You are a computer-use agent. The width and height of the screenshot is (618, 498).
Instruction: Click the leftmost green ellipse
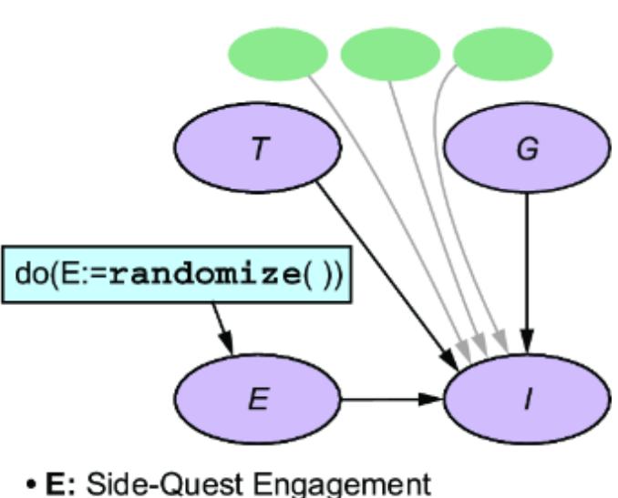point(277,54)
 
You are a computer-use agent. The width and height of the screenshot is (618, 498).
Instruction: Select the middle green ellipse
point(390,54)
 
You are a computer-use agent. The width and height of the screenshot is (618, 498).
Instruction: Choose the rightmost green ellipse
point(502,54)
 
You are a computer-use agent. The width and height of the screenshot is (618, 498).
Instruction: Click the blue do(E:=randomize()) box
point(176,274)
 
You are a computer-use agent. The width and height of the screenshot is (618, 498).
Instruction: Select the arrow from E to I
point(392,399)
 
